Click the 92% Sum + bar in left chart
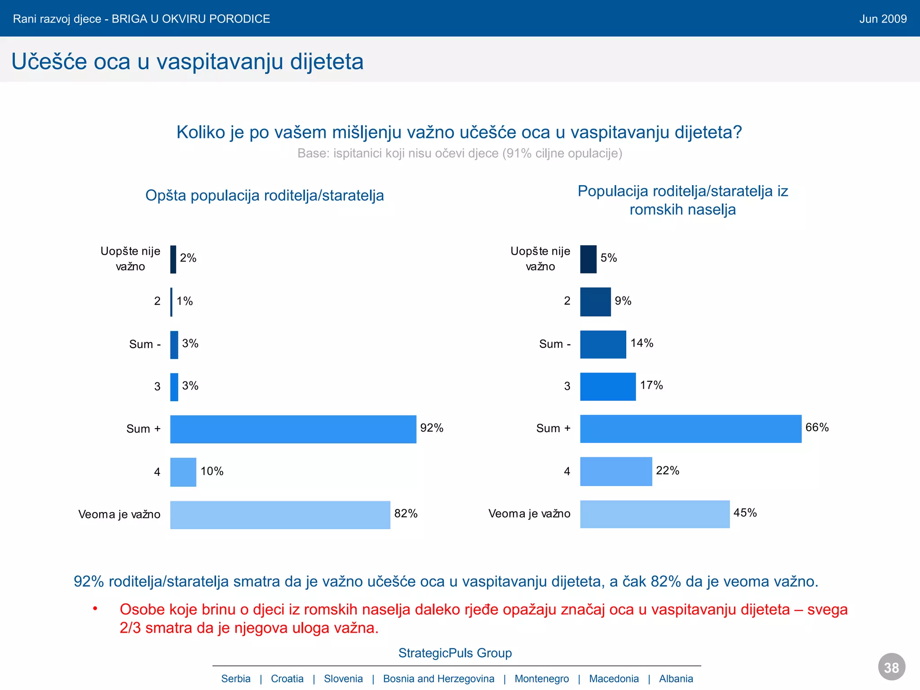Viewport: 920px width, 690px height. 293,429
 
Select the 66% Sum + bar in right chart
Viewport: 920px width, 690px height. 690,429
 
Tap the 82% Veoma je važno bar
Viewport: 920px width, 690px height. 280,515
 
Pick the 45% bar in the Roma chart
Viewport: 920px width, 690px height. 655,514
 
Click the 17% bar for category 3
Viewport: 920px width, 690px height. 608,386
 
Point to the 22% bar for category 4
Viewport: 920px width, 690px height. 616,471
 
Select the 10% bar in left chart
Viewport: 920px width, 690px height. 183,472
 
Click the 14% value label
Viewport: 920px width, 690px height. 641,343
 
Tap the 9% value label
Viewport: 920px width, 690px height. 623,301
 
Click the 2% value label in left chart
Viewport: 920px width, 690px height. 188,258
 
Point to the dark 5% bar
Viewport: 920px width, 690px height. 588,259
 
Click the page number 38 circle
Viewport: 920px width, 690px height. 891,667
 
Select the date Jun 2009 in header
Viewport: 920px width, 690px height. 883,19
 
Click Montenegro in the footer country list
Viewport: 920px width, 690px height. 541,679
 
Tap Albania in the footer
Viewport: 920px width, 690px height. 676,679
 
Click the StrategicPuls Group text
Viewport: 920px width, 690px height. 455,653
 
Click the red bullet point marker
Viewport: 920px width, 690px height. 95,609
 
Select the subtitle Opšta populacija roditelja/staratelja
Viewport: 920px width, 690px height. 265,195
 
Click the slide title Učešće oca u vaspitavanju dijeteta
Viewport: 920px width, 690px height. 187,62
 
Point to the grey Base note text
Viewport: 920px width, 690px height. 460,153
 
